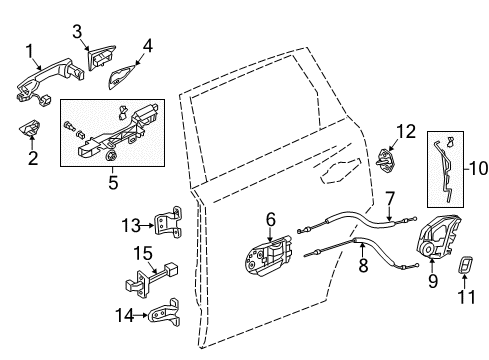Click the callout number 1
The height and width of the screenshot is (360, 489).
tap(30, 52)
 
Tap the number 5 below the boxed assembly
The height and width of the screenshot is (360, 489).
tap(113, 182)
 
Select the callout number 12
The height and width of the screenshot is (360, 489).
tap(406, 131)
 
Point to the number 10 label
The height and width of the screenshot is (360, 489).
tap(479, 168)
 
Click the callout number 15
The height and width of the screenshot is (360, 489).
tap(143, 253)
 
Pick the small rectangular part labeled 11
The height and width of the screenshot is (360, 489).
tap(466, 265)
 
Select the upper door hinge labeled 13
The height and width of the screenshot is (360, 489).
tap(169, 221)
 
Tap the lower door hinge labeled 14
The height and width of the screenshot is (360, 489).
tap(165, 314)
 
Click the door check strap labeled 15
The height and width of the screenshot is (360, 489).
tap(151, 279)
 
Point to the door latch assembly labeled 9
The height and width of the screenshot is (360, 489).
tap(438, 237)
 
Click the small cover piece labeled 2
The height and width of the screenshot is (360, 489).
tap(29, 127)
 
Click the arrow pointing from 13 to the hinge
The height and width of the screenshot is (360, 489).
tap(147, 226)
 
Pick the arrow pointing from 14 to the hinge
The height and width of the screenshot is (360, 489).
tap(141, 315)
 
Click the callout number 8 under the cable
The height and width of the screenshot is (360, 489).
tap(363, 265)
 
